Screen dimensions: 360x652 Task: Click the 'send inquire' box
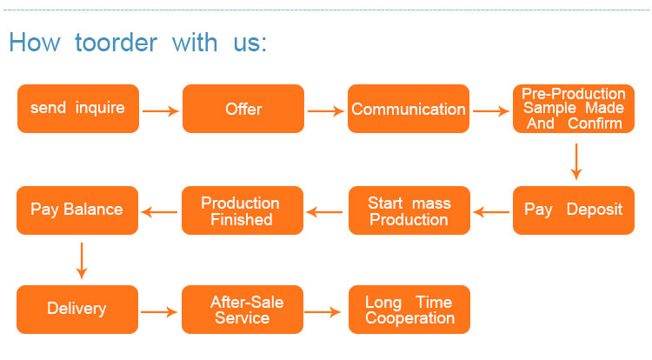pyautogui.click(x=77, y=109)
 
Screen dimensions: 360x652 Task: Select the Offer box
pyautogui.click(x=243, y=109)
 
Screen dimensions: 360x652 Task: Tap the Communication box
pyautogui.click(x=409, y=109)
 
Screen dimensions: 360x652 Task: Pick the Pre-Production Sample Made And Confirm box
pyautogui.click(x=574, y=109)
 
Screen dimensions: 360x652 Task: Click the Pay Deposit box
pyautogui.click(x=574, y=210)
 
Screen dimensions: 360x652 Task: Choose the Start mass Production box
pyautogui.click(x=409, y=210)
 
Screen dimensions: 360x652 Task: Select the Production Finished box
pyautogui.click(x=242, y=210)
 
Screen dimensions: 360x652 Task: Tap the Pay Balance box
pyautogui.click(x=77, y=210)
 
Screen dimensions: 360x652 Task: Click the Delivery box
pyautogui.click(x=77, y=310)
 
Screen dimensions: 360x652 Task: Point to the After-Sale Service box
pyautogui.click(x=243, y=310)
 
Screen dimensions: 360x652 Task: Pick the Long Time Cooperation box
pyautogui.click(x=409, y=310)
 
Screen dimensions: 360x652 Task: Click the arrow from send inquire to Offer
pyautogui.click(x=160, y=110)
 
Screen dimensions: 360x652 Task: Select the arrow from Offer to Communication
pyautogui.click(x=326, y=110)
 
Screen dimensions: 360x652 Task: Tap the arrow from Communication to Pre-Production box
pyautogui.click(x=491, y=110)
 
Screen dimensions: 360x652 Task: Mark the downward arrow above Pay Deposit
pyautogui.click(x=575, y=161)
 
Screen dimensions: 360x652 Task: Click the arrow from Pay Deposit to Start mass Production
pyautogui.click(x=491, y=211)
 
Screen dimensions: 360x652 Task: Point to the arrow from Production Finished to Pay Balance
pyautogui.click(x=160, y=211)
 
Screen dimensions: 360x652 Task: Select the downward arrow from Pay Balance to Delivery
pyautogui.click(x=82, y=260)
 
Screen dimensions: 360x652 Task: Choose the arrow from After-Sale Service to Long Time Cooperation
pyautogui.click(x=326, y=310)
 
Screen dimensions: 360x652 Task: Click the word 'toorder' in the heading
pyautogui.click(x=116, y=42)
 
